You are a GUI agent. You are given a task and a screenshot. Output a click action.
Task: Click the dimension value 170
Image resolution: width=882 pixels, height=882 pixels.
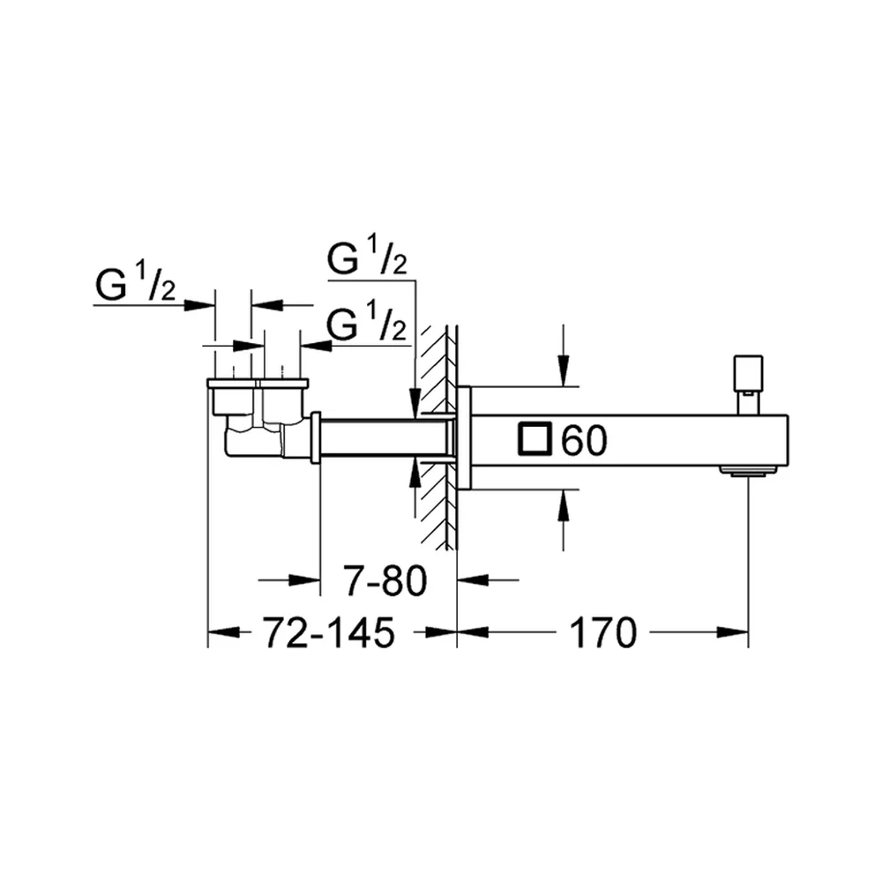603,632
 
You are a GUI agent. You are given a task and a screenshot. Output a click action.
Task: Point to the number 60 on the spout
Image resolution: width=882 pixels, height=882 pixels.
585,440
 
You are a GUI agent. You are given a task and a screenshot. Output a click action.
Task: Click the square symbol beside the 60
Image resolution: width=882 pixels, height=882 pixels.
535,437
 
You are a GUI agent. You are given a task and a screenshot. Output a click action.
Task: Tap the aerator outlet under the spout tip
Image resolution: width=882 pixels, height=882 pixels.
748,470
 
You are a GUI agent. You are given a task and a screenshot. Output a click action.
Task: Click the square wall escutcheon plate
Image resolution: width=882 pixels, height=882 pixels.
464,437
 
